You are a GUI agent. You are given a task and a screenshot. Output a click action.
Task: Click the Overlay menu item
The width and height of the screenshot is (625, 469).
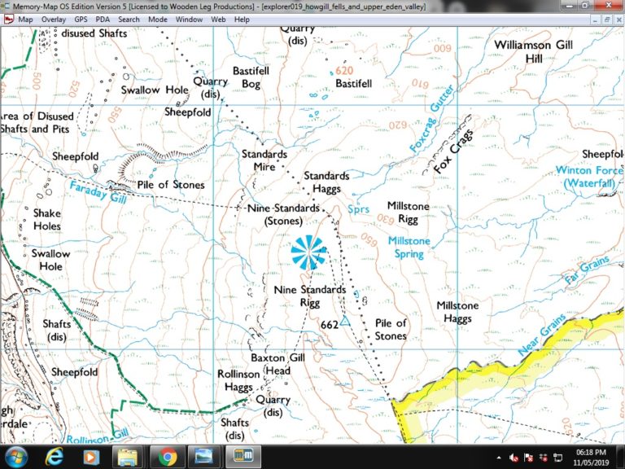[54, 19]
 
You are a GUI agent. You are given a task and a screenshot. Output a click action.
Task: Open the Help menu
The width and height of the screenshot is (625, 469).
[243, 19]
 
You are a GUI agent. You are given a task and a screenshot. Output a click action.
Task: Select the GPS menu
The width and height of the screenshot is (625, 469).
[81, 19]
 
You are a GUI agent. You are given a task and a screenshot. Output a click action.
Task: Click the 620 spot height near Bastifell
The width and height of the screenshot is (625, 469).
[345, 71]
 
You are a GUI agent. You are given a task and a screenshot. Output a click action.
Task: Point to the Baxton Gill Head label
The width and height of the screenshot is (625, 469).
[270, 364]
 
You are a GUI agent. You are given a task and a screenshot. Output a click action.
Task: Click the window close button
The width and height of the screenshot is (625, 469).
[613, 6]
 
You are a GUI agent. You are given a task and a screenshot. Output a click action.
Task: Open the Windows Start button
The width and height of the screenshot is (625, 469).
[15, 456]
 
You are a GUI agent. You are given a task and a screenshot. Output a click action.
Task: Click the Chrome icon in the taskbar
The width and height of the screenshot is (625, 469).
[167, 456]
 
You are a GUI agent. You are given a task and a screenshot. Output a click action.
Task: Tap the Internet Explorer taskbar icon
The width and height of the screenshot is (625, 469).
[55, 456]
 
